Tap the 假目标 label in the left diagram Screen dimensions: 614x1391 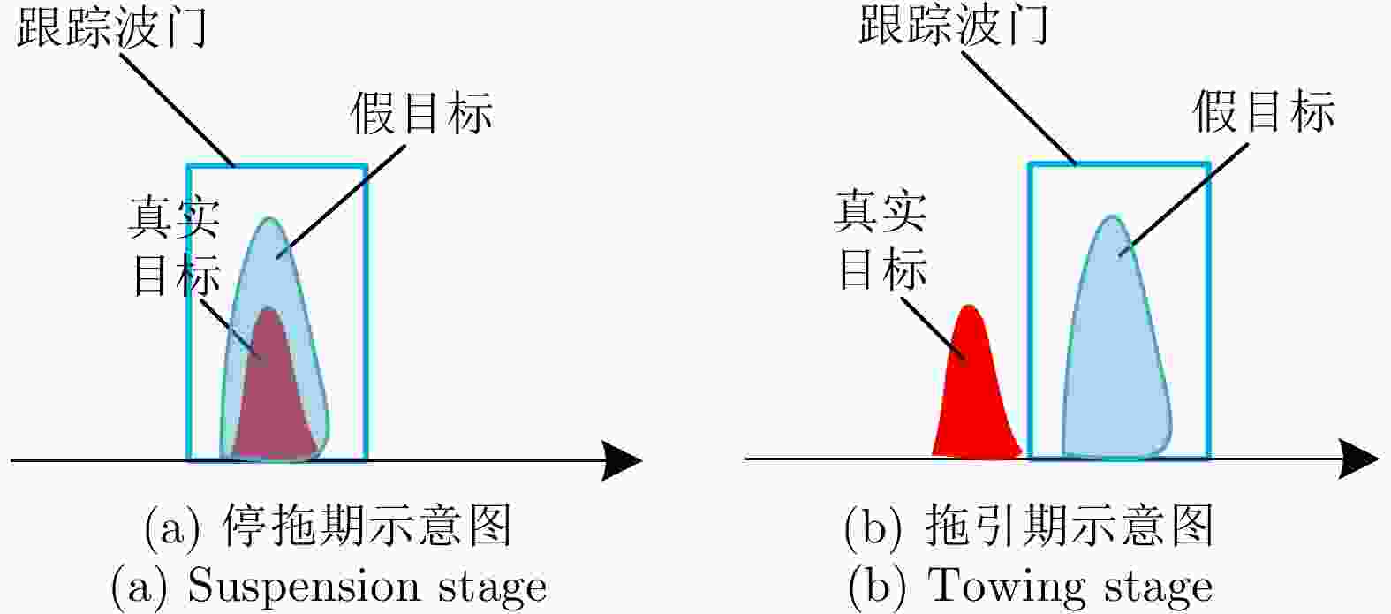(x=421, y=113)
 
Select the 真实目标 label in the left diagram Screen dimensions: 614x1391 (x=175, y=246)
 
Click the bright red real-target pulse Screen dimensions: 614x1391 (x=975, y=398)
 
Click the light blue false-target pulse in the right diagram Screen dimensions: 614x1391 (x=1116, y=353)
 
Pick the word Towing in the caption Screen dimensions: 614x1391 (x=1006, y=587)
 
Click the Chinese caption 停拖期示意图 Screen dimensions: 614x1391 (x=366, y=527)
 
